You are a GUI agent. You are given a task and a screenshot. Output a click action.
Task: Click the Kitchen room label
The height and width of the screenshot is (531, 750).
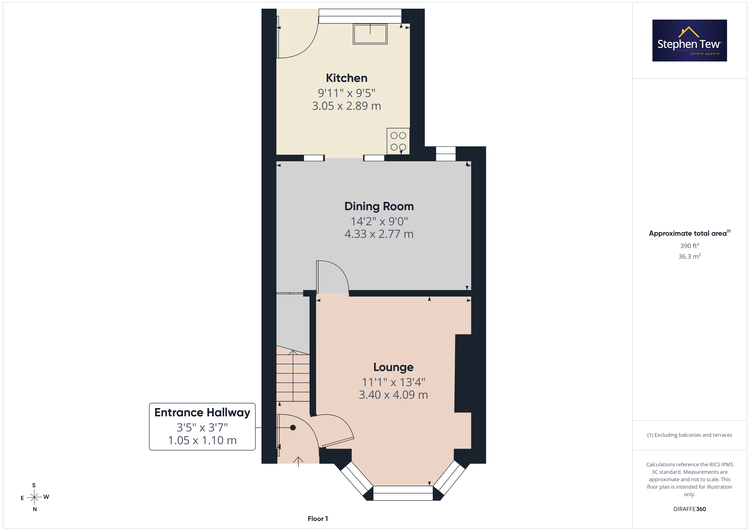pos(347,78)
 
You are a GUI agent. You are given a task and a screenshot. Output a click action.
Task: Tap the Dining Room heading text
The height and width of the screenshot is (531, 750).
pos(379,206)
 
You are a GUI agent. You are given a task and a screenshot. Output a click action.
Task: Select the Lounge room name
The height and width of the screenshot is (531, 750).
pos(393,367)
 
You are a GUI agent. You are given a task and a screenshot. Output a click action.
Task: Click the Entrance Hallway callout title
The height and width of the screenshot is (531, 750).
pos(202,413)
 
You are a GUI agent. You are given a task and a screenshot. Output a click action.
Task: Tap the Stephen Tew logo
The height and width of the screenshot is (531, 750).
pos(690,41)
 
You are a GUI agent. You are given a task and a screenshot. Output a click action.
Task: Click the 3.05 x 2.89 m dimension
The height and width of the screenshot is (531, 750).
pos(347,106)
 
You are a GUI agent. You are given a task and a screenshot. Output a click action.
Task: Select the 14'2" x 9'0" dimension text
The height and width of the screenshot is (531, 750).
pos(379,221)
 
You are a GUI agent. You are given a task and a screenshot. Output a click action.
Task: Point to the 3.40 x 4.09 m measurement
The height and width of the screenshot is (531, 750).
pos(393,395)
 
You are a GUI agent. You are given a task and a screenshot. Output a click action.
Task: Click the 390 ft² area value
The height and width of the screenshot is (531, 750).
pos(690,246)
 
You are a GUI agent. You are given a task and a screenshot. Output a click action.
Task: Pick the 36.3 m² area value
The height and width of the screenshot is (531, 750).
pos(690,256)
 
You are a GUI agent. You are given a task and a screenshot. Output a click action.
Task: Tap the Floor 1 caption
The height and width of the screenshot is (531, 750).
pos(318,519)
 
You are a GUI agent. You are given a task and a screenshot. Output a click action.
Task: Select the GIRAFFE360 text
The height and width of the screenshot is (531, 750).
pos(690,509)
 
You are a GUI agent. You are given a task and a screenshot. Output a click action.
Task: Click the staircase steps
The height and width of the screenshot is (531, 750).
pos(293,376)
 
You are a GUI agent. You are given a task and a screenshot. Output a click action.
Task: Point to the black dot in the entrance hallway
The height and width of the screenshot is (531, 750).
pos(293,428)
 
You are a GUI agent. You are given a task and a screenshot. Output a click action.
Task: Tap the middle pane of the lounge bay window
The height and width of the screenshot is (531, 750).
pos(403,493)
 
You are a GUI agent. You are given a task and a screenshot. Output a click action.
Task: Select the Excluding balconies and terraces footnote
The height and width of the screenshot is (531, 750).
pos(690,435)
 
